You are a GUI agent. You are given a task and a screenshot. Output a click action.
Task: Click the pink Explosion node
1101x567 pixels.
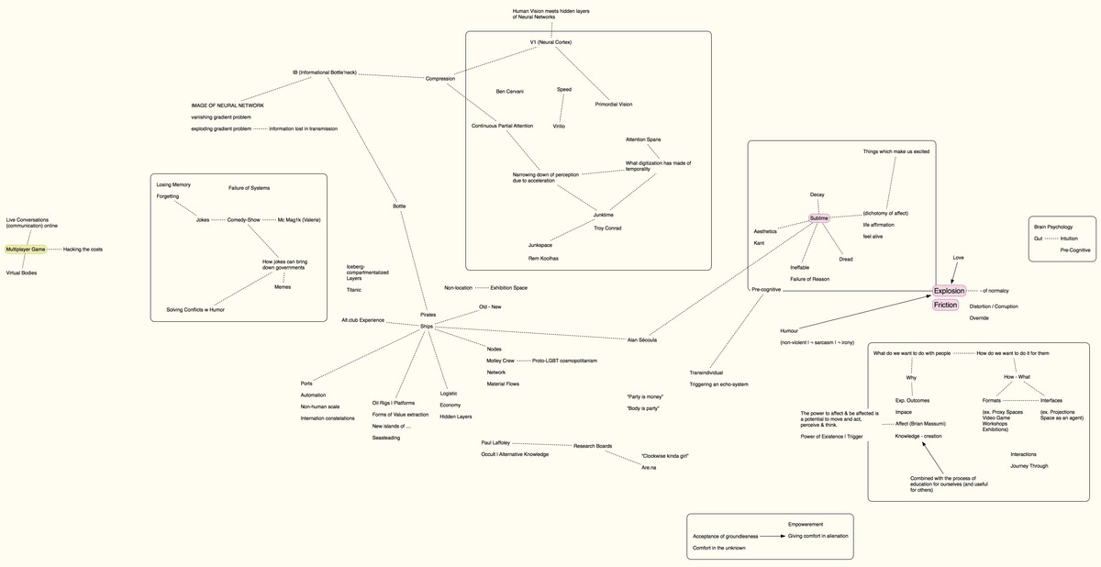949,291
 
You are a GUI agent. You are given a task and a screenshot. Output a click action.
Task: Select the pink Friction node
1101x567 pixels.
945,305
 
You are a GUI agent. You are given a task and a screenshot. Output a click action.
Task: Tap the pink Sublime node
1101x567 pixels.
818,218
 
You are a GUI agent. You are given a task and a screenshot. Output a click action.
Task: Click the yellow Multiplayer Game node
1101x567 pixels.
25,250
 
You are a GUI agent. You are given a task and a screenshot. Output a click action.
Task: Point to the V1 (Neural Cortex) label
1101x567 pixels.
550,42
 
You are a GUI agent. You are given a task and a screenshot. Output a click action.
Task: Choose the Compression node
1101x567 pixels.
439,79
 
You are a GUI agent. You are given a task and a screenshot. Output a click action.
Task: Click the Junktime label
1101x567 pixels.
603,215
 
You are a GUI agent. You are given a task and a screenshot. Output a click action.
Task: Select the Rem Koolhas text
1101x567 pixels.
544,259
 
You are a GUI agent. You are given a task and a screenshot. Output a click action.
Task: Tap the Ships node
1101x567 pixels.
427,326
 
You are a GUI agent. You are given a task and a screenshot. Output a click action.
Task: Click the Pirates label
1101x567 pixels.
428,315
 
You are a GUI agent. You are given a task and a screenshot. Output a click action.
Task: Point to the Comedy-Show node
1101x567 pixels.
243,219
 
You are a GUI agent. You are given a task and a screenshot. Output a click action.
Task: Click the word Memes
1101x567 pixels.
283,286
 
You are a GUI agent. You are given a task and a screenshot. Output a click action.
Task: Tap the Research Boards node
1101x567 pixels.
592,446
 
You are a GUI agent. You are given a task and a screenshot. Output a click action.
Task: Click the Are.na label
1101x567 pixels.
648,468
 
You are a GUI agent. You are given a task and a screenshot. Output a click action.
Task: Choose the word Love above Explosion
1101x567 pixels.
958,258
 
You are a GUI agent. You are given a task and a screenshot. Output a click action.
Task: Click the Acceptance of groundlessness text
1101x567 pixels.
725,536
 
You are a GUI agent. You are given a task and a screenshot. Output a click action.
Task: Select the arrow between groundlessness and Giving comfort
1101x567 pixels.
773,536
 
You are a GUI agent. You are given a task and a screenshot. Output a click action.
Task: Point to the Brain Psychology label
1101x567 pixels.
1052,227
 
